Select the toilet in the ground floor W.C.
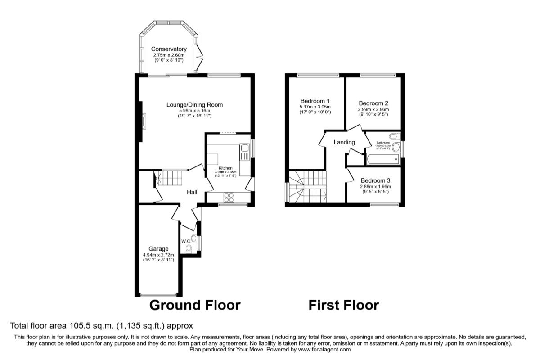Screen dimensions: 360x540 pos(189,248)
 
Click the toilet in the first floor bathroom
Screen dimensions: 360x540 pos(394,136)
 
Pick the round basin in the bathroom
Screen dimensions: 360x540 pos(396,147)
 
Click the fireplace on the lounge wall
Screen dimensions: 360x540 pos(143,121)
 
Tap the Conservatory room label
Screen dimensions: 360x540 pos(169,49)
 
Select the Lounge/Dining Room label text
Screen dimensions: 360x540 pos(194,105)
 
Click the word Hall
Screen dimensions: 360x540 pos(192,192)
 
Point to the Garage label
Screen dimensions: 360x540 pos(159,249)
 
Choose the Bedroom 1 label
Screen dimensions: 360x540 pos(315,101)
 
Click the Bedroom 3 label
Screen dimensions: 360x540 pos(375,180)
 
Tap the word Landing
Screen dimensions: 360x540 pos(344,142)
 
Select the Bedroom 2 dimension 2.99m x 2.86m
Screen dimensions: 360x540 pos(373,109)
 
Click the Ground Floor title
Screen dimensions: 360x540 pos(194,305)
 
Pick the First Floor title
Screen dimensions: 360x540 pos(343,305)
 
